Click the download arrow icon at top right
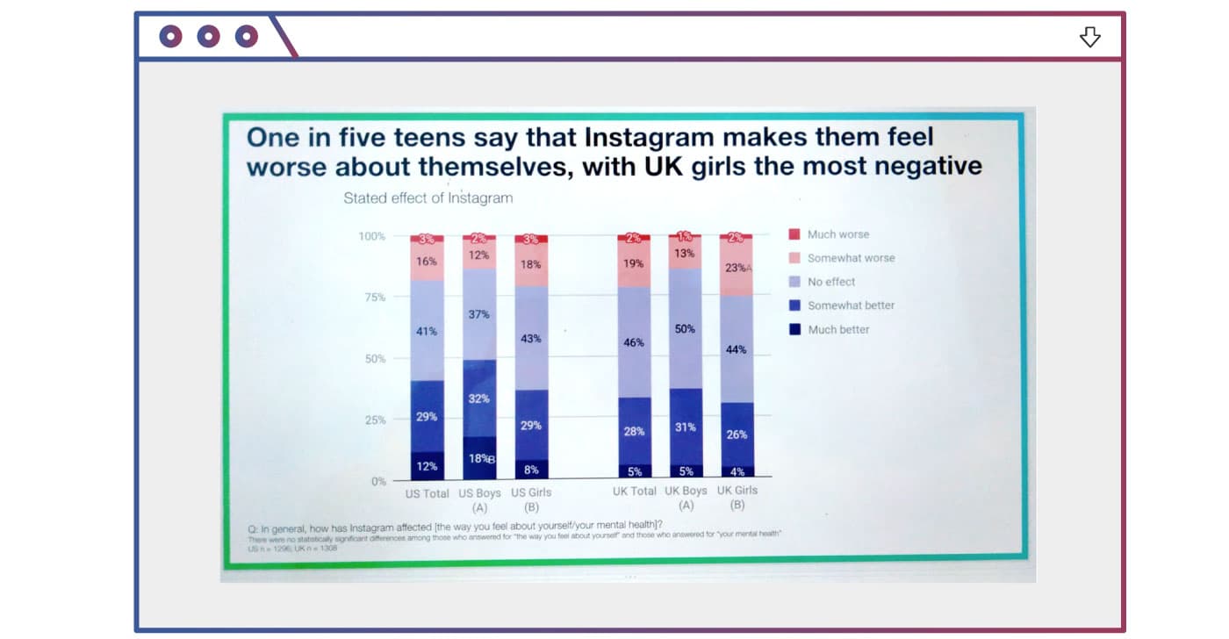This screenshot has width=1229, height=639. pyautogui.click(x=1089, y=37)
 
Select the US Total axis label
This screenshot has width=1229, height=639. pyautogui.click(x=427, y=493)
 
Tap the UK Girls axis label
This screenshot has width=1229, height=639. pyautogui.click(x=737, y=491)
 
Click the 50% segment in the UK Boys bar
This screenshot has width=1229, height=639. pyautogui.click(x=685, y=329)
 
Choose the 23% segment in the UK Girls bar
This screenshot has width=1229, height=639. pyautogui.click(x=737, y=267)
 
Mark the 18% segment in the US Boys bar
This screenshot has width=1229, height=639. pyautogui.click(x=479, y=458)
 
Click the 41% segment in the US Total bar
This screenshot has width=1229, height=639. pyautogui.click(x=427, y=331)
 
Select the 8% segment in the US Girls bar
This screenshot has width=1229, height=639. pyautogui.click(x=531, y=470)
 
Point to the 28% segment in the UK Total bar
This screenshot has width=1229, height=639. pyautogui.click(x=633, y=431)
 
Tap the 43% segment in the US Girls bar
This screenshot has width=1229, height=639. pyautogui.click(x=531, y=338)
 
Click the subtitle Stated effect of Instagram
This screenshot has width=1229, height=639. pyautogui.click(x=428, y=197)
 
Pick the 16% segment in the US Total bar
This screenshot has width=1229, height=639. pyautogui.click(x=427, y=262)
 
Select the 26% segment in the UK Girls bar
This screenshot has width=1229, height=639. pyautogui.click(x=737, y=434)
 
